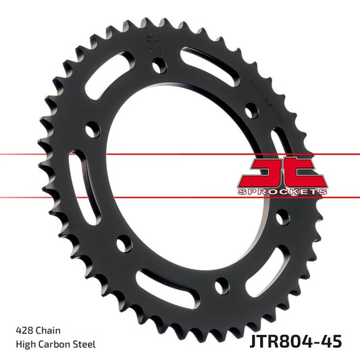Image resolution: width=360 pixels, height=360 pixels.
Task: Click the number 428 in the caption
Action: pyautogui.click(x=24, y=331)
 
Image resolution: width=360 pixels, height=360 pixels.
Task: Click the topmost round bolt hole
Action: pyautogui.click(x=157, y=66)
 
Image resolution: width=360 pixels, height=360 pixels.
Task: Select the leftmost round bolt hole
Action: pyautogui.click(x=91, y=132)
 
